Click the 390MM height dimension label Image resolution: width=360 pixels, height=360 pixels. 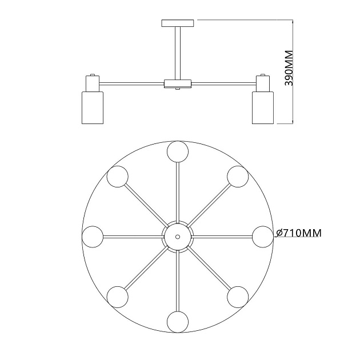[289, 68]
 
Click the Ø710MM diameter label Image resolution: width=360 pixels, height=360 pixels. [299, 233]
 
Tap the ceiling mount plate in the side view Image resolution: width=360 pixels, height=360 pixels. [178, 23]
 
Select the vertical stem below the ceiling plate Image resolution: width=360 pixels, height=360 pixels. [178, 53]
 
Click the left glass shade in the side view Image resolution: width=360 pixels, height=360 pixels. [93, 107]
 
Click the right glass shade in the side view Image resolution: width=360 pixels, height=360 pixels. [263, 107]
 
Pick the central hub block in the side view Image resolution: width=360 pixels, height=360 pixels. [178, 84]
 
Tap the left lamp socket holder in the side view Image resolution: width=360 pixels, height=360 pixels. [93, 83]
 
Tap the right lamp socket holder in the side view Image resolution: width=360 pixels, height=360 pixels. [263, 83]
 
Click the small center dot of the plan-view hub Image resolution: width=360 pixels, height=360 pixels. [178, 237]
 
